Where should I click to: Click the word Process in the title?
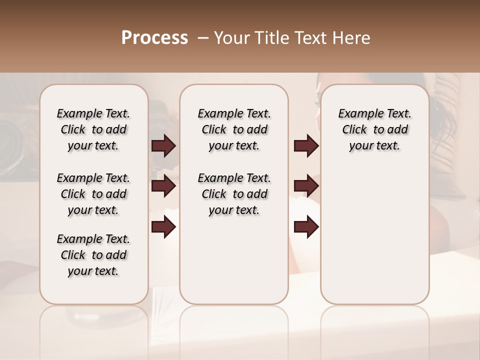click(154, 38)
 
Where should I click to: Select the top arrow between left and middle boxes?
click(163, 146)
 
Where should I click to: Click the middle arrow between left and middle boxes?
click(163, 186)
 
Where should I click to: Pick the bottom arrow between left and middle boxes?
click(163, 227)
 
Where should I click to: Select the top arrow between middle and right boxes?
click(306, 146)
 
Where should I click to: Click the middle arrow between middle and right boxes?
click(306, 186)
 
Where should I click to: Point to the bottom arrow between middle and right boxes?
click(306, 227)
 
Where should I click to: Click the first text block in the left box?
click(93, 129)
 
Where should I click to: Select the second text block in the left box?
click(93, 194)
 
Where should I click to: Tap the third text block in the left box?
click(93, 255)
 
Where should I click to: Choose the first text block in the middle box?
click(234, 129)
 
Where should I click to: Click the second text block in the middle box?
click(234, 194)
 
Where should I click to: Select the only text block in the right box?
click(374, 129)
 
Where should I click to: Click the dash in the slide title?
click(202, 38)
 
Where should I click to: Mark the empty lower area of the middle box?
click(234, 260)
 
